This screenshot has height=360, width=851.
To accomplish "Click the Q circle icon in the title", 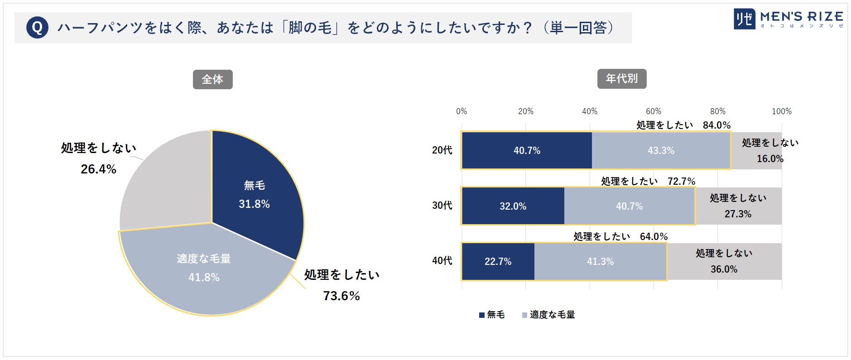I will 37,28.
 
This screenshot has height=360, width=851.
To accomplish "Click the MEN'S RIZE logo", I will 788,19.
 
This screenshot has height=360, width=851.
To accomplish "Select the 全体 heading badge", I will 212,80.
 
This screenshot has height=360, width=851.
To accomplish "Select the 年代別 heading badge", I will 621,79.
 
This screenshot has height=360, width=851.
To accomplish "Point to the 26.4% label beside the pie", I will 98,169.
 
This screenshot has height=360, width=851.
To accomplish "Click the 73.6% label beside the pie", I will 341,296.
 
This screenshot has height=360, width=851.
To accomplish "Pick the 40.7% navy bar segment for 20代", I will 527,151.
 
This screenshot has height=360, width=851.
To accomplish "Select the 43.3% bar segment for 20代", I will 661,151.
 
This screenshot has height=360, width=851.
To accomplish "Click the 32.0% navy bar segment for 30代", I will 513,206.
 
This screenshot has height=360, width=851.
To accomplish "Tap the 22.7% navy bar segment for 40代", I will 498,262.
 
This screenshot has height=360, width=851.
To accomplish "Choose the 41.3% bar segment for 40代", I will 600,262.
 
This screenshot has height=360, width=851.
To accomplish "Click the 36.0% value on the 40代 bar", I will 724,269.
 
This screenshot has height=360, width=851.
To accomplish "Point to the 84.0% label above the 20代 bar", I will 716,125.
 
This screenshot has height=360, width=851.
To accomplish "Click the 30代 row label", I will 442,206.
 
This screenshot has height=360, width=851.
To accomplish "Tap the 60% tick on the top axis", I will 653,111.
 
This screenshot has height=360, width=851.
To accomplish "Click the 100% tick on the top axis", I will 781,111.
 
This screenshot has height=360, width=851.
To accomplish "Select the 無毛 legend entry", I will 492,315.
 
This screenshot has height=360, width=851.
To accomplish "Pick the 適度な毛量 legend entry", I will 548,315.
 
